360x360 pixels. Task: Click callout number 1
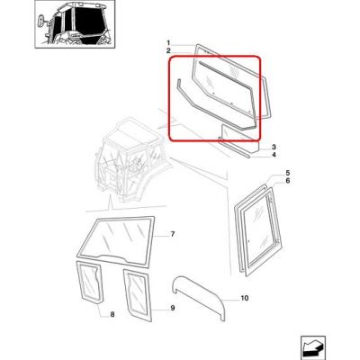(x=168, y=42)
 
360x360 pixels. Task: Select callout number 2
(x=168, y=50)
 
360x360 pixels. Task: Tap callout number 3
(x=274, y=148)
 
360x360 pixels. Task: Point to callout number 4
(x=274, y=155)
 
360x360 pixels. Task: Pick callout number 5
(x=288, y=173)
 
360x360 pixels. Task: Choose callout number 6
(x=288, y=181)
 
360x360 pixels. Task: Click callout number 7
(x=173, y=234)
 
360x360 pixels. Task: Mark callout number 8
(x=112, y=314)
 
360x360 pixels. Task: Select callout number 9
(x=173, y=308)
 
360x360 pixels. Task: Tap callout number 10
(x=245, y=298)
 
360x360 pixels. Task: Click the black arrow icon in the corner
(x=313, y=346)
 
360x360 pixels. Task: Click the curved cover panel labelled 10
(x=200, y=295)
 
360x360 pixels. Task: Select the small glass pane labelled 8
(x=89, y=281)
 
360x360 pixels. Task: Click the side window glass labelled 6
(x=262, y=231)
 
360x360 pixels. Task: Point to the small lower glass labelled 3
(x=240, y=138)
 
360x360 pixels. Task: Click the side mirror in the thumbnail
(x=40, y=22)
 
